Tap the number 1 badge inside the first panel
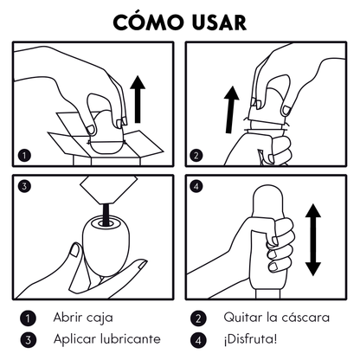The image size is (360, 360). [x=25, y=156]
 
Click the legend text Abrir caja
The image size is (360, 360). [x=83, y=318]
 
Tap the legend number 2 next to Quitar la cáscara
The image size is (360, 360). [x=199, y=318]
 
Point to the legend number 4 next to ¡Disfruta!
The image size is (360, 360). [x=199, y=339]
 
